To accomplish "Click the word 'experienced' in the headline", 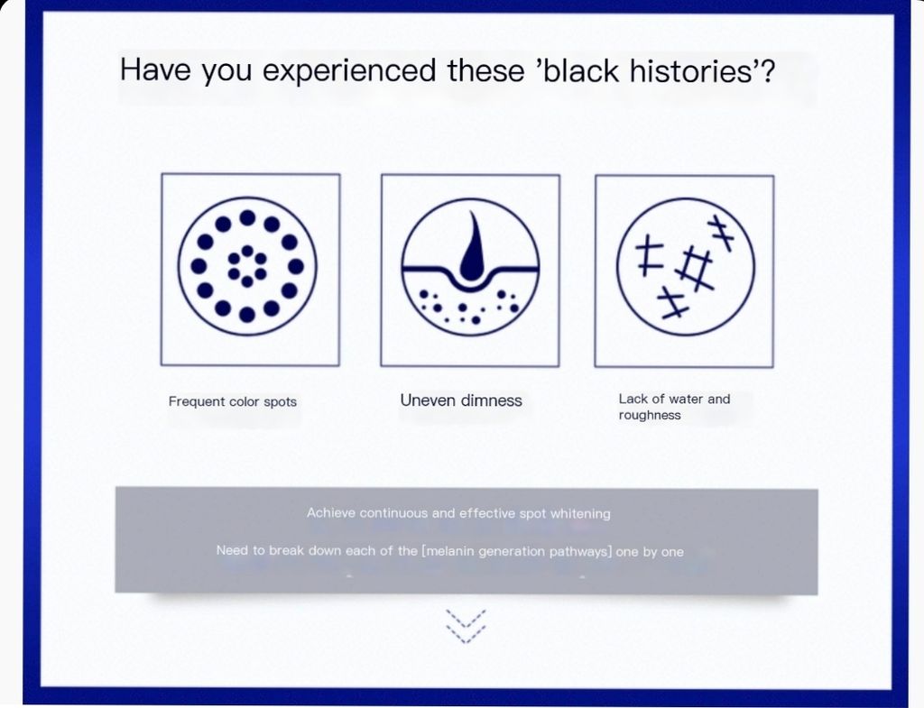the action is (349, 70).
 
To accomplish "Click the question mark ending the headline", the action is (767, 70).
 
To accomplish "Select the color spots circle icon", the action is (247, 266).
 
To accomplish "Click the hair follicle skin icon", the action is (470, 267).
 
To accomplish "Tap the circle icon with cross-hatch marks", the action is (686, 267).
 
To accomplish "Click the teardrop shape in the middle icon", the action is (473, 246).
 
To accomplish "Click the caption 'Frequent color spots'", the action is (233, 401).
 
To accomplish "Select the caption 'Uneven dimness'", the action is (461, 400).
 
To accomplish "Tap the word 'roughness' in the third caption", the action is (650, 415).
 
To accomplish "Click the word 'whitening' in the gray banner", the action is (580, 513).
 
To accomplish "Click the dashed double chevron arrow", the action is (466, 626).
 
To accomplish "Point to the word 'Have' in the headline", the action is (155, 69).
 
